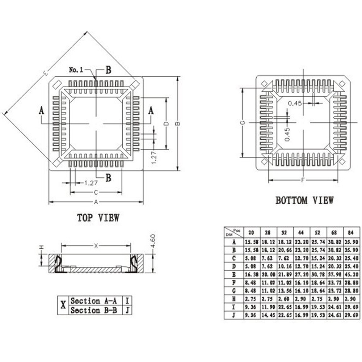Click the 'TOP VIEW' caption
pos(98,218)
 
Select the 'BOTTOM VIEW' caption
pos(304,200)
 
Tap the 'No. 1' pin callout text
pos(76,70)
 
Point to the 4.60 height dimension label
pos(153,241)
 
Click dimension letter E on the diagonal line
pos(45,73)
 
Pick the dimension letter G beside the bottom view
pos(243,122)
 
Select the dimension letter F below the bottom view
pos(303,180)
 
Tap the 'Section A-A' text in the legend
pos(94,301)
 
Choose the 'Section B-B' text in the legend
pos(94,310)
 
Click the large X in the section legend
pos(63,305)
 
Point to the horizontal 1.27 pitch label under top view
pos(91,183)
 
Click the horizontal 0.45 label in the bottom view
pos(295,103)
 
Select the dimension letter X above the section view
pos(96,246)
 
